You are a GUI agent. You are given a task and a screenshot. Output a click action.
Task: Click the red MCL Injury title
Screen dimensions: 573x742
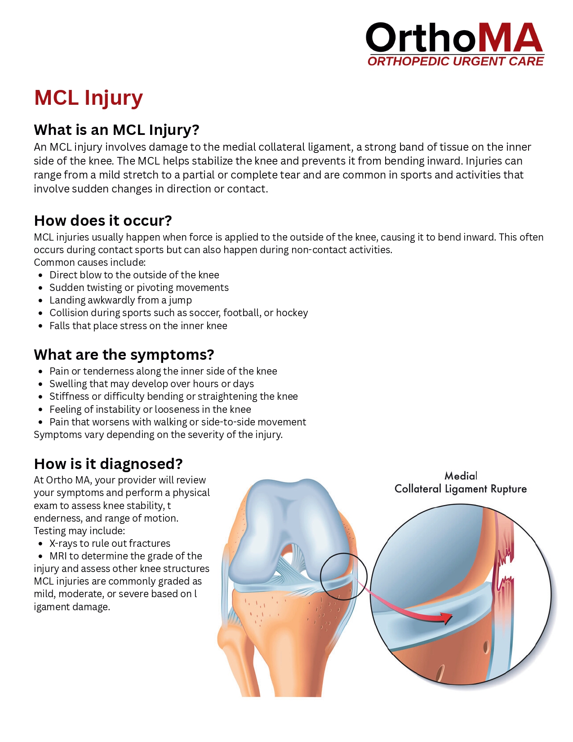point(89,98)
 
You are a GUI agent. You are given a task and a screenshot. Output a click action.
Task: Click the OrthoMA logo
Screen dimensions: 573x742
point(454,39)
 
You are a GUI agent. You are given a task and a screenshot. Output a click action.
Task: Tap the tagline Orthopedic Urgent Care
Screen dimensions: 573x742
point(455,62)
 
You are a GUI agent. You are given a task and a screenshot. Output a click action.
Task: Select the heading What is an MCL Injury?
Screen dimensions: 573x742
point(116,130)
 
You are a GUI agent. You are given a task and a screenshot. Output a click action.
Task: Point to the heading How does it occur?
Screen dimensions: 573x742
point(103,221)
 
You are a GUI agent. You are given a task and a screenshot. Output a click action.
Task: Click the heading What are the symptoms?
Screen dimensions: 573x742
point(124,355)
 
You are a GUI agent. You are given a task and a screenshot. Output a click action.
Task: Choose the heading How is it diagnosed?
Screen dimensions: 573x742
point(108,464)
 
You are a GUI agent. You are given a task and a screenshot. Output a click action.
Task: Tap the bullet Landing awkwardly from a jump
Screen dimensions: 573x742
point(120,300)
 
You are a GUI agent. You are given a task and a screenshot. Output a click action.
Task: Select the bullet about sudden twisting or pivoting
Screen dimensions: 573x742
point(139,288)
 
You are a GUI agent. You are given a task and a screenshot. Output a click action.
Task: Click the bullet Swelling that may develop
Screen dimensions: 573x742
point(151,384)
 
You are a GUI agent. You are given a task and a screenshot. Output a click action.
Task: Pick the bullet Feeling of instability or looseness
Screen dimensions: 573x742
point(150,410)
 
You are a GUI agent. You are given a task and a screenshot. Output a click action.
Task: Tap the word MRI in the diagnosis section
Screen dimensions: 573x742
point(58,556)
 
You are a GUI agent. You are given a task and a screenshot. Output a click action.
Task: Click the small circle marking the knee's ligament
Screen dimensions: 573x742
point(344,576)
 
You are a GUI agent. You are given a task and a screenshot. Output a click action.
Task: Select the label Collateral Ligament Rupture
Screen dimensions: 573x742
point(460,489)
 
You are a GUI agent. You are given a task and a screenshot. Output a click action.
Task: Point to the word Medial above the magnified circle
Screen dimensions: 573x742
point(461,476)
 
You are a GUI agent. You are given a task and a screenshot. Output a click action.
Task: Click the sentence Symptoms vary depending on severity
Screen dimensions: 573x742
point(158,435)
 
